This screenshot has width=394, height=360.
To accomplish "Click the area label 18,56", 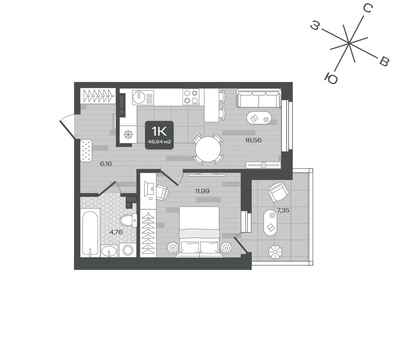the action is (x=253, y=140).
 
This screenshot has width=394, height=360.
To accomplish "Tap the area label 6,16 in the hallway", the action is (x=106, y=164).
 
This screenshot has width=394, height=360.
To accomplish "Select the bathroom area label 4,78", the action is (x=116, y=232).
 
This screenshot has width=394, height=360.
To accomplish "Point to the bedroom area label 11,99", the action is (x=202, y=191).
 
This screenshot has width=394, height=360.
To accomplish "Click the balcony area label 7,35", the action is (x=283, y=210).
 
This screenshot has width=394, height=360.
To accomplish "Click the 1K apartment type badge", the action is (x=159, y=135).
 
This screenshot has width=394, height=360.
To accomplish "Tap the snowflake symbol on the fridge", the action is (x=128, y=135).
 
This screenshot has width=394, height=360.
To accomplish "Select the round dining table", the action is (x=208, y=149).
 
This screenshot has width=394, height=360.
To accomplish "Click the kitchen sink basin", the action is (x=138, y=97).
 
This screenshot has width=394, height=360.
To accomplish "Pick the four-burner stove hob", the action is (x=191, y=97).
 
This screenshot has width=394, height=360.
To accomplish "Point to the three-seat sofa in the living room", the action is (x=258, y=99).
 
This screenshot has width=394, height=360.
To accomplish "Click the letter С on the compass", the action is (x=368, y=9).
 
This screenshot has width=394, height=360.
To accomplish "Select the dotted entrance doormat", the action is (x=86, y=150).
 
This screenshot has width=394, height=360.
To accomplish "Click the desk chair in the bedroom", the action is (x=162, y=193).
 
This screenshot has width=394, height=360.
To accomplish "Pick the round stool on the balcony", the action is (x=275, y=252).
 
